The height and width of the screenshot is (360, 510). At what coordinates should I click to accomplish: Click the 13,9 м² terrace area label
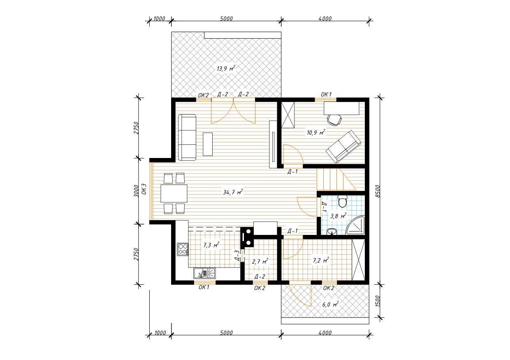point(226,68)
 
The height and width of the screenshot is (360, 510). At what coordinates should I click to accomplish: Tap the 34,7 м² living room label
point(233,192)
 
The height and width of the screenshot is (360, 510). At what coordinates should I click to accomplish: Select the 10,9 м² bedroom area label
point(316,132)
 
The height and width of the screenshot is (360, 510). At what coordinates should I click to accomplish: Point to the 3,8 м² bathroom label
point(338,216)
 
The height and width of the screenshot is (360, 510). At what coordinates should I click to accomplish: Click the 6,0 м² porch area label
point(330,304)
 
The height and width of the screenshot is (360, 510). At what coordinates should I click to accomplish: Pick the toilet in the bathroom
point(342,201)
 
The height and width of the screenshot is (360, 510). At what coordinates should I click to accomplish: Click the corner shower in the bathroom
point(355,225)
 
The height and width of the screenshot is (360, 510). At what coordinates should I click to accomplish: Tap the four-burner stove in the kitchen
point(183,249)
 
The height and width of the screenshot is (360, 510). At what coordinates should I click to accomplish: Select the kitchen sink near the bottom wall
point(204,273)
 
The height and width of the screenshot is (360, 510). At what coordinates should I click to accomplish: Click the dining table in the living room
point(174,193)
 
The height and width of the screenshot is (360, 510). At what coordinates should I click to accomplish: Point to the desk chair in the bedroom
point(334,120)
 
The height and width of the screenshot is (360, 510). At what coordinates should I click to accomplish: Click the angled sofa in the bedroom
point(343,146)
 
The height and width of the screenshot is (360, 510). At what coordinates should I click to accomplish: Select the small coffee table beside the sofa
point(208,144)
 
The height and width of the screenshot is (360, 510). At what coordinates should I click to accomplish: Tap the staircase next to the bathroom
point(336,179)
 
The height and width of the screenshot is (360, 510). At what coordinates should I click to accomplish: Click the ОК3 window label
point(144,189)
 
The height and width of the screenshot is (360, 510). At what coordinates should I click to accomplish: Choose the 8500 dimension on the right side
point(377,191)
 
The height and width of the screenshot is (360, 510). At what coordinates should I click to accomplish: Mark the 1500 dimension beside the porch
point(377,301)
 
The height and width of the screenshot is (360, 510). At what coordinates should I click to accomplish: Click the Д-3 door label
point(237,256)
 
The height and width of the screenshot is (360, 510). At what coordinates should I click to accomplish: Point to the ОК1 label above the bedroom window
point(326,94)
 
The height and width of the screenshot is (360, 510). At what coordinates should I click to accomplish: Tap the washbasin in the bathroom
point(331,232)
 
